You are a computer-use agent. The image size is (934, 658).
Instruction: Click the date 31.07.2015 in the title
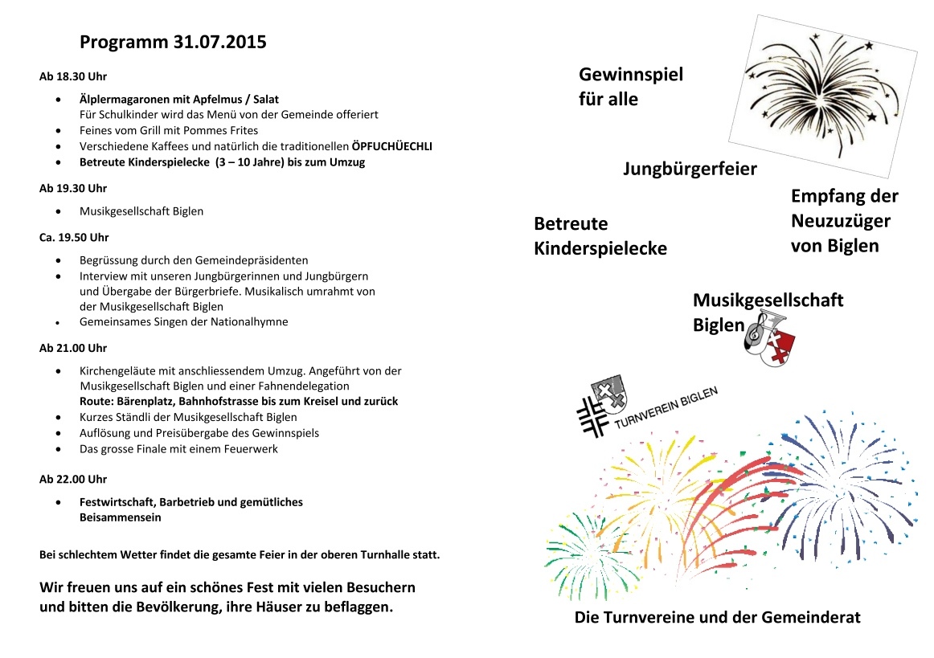(x=219, y=43)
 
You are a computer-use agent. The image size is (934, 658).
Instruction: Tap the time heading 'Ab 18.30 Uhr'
(x=73, y=77)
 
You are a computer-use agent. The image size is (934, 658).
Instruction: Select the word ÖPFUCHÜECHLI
(x=392, y=146)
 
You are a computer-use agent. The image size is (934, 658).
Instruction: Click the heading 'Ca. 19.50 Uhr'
(x=74, y=238)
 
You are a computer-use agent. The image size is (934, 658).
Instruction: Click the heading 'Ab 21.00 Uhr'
(x=73, y=348)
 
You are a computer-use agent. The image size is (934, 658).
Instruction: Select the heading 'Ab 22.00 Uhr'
(x=73, y=479)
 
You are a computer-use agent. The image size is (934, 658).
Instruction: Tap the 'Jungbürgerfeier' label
(x=690, y=170)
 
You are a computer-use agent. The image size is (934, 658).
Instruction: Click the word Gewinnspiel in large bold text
(x=631, y=76)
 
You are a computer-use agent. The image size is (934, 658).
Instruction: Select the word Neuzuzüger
(x=841, y=221)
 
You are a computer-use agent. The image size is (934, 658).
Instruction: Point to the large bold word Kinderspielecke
(x=600, y=249)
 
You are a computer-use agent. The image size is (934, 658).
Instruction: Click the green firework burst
(x=583, y=550)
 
